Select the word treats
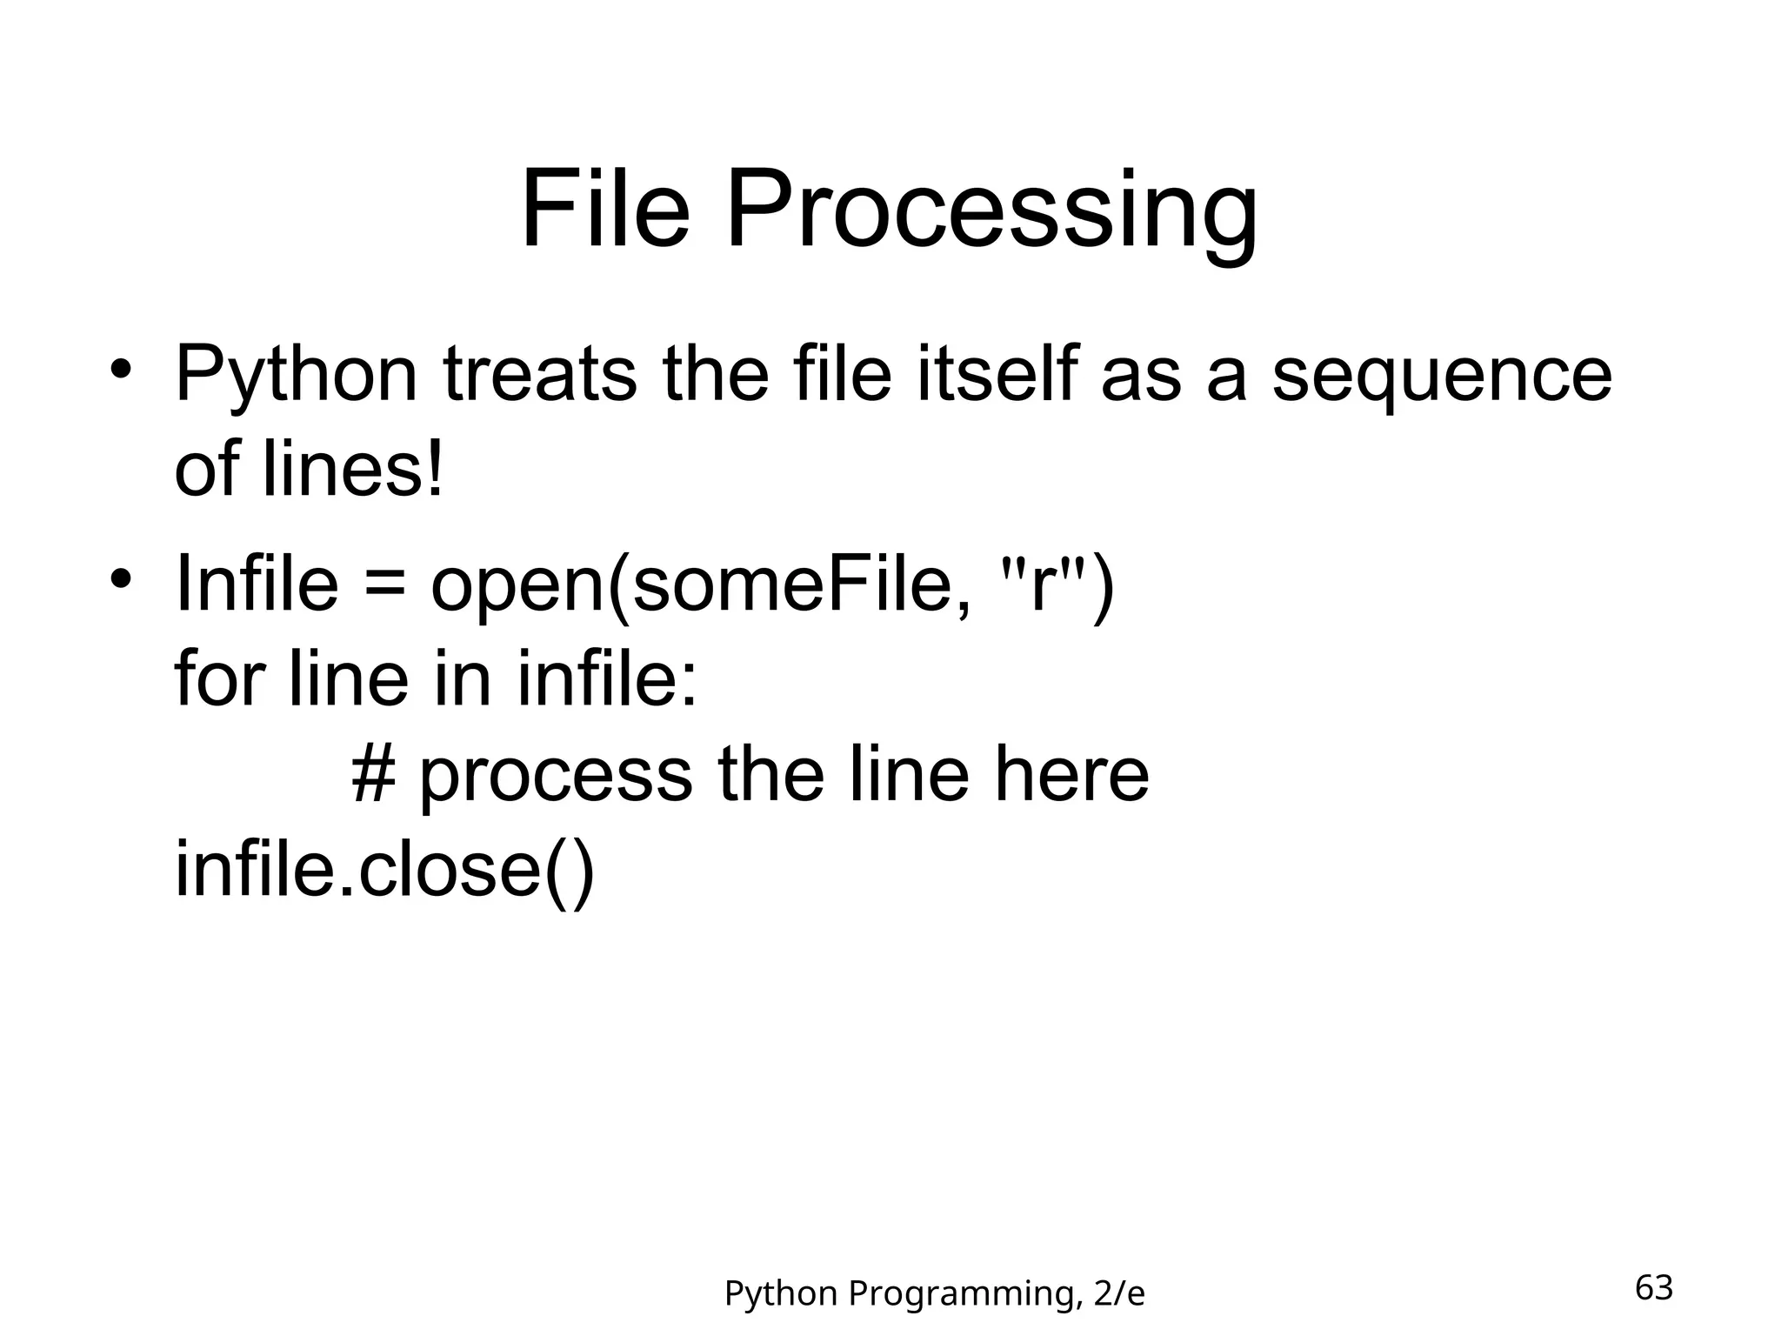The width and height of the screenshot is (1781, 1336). click(539, 376)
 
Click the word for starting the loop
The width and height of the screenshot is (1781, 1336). click(217, 678)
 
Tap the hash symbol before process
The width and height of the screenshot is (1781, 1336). click(373, 773)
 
